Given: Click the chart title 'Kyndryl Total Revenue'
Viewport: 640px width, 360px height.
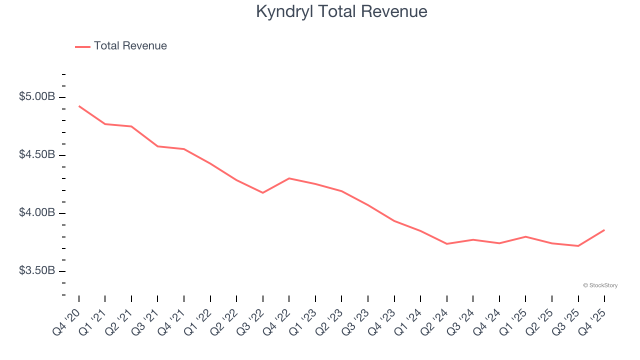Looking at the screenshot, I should (341, 11).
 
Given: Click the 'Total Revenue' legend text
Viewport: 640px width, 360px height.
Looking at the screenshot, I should (130, 46).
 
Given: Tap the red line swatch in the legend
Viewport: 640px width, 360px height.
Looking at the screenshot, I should (82, 46).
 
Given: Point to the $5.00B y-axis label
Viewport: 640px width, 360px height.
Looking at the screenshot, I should (37, 96).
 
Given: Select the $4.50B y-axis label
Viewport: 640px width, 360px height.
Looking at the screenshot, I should (37, 154).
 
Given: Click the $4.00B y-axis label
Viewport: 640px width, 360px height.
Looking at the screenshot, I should (37, 212).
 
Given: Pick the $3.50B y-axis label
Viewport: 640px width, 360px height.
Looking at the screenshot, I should (37, 270).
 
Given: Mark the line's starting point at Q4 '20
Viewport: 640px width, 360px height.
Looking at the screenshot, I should (79, 106).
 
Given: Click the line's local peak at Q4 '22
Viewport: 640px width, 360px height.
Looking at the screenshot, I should (289, 178).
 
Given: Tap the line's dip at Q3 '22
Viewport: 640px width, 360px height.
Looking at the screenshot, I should (263, 192).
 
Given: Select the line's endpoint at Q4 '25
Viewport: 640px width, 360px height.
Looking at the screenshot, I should (604, 230).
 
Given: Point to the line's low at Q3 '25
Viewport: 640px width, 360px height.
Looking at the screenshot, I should (578, 245).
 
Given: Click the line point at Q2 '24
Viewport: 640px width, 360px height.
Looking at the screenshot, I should (446, 243).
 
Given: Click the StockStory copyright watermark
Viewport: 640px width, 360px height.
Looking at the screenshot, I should (600, 285).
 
